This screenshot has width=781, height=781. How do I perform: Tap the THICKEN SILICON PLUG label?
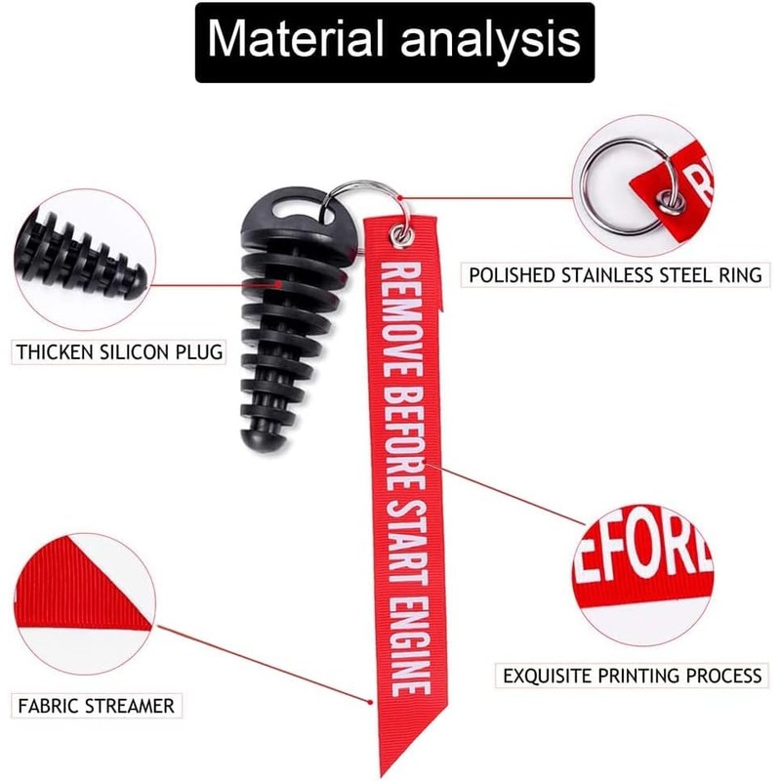point(119,351)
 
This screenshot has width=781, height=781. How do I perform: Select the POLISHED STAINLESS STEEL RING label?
point(615,274)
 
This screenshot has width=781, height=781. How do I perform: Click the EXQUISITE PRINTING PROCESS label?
point(632,675)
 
